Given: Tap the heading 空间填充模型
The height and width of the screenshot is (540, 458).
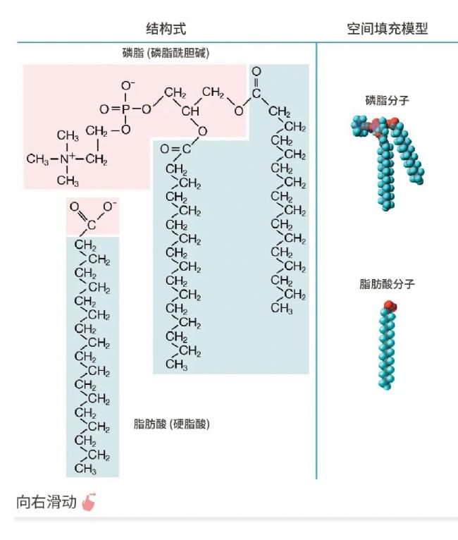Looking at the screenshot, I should pos(388,28).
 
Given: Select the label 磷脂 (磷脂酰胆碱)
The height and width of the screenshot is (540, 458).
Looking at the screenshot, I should pos(166,53).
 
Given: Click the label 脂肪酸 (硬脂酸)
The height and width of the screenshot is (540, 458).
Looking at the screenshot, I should pos(171,424).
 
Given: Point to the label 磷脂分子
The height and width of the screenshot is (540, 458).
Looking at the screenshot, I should pos(388,100).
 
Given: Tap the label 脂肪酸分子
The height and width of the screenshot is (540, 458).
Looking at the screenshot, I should pos(387,284).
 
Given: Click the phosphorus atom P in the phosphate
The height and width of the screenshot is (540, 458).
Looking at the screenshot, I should pos(128,109).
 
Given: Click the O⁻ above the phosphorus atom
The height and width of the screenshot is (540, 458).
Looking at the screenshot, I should pos(128,86).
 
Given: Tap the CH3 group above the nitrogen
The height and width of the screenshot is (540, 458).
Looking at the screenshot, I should pos(68,135).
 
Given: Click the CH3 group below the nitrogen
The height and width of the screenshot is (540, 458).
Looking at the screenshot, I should pos(68,182).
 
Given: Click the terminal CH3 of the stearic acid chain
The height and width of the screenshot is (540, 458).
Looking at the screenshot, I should pos(85,469).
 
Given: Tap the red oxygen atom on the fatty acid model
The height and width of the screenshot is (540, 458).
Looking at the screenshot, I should pos(389,306).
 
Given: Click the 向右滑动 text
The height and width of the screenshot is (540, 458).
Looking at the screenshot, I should pos(46,503).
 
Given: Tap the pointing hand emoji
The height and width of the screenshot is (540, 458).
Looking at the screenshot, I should pos(88,502).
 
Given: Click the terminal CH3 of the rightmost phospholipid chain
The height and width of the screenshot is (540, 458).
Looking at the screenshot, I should pos(281,308).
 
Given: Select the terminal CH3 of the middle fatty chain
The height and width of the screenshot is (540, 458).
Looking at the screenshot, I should pos(176,364).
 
